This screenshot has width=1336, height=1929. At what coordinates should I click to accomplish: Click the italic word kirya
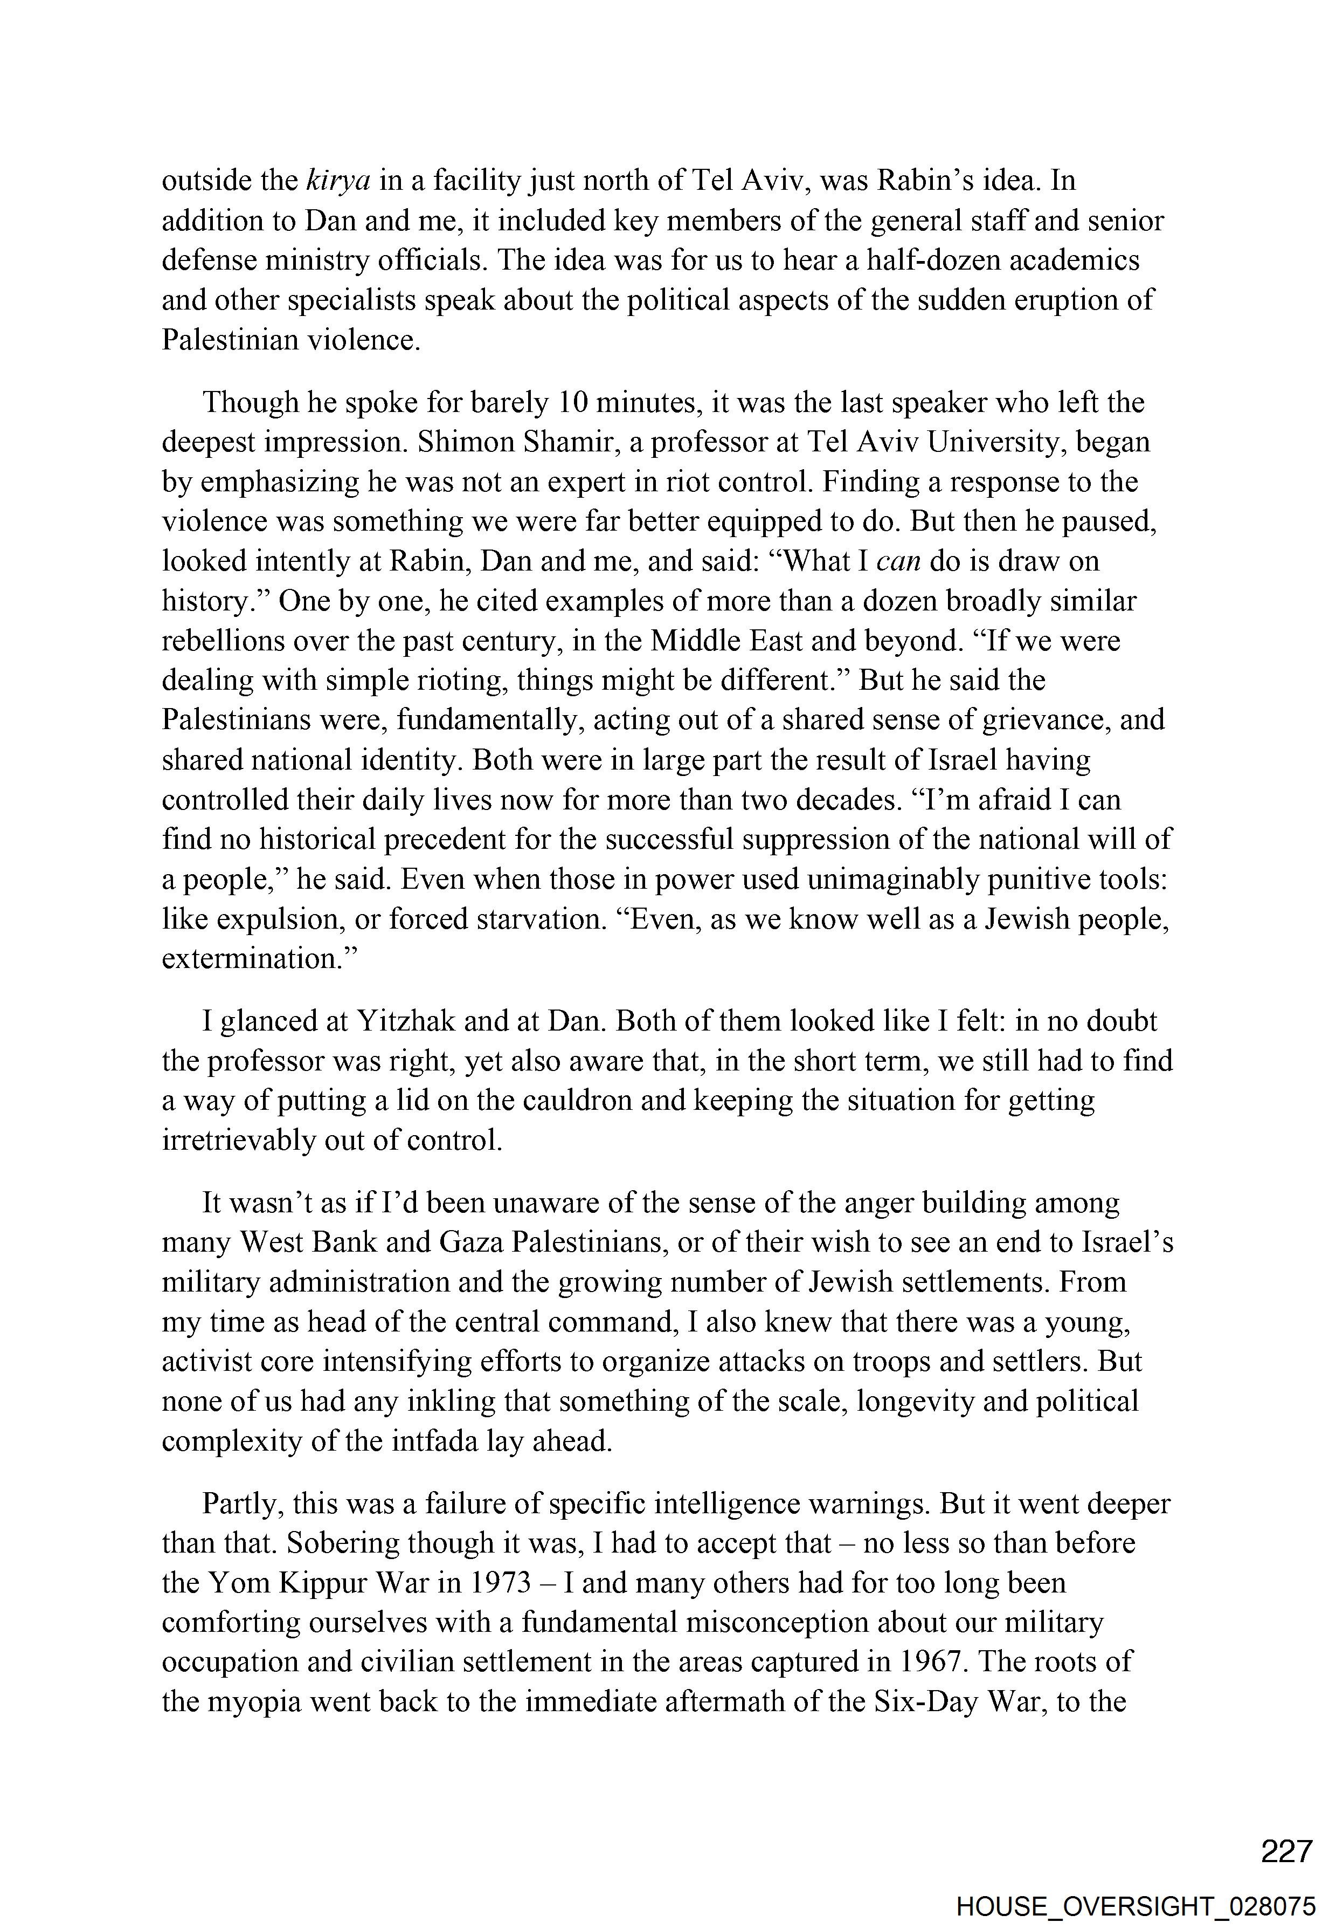(339, 180)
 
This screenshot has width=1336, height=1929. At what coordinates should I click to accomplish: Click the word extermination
(260, 957)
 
